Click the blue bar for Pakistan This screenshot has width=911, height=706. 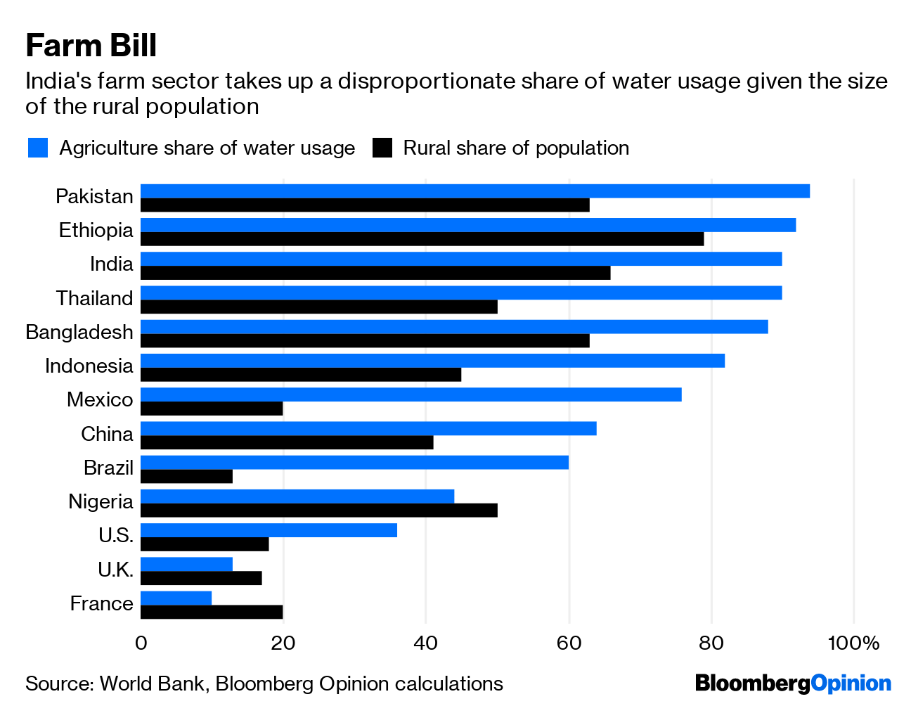pyautogui.click(x=475, y=191)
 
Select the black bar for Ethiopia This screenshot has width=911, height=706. pyautogui.click(x=422, y=239)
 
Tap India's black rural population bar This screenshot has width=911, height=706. pyautogui.click(x=375, y=273)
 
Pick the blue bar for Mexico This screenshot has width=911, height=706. pyautogui.click(x=411, y=394)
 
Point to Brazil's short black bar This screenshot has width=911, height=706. pyautogui.click(x=186, y=476)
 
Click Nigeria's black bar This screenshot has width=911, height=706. pyautogui.click(x=319, y=511)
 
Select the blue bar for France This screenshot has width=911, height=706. pyautogui.click(x=176, y=598)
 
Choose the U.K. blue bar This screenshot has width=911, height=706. pyautogui.click(x=186, y=564)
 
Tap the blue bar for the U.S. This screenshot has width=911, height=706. pyautogui.click(x=269, y=530)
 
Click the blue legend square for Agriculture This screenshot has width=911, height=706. pyautogui.click(x=38, y=148)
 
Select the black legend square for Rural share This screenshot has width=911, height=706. pyautogui.click(x=382, y=148)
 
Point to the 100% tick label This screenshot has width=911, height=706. pyautogui.click(x=853, y=643)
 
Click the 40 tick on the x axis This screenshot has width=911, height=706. pyautogui.click(x=425, y=643)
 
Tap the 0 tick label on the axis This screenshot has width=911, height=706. pyautogui.click(x=141, y=643)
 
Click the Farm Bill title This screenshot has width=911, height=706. pyautogui.click(x=91, y=46)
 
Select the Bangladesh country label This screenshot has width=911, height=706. pyautogui.click(x=79, y=332)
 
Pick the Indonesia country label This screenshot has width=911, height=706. pyautogui.click(x=89, y=366)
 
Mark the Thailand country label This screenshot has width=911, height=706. pyautogui.click(x=94, y=298)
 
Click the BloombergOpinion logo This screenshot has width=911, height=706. pyautogui.click(x=793, y=683)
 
